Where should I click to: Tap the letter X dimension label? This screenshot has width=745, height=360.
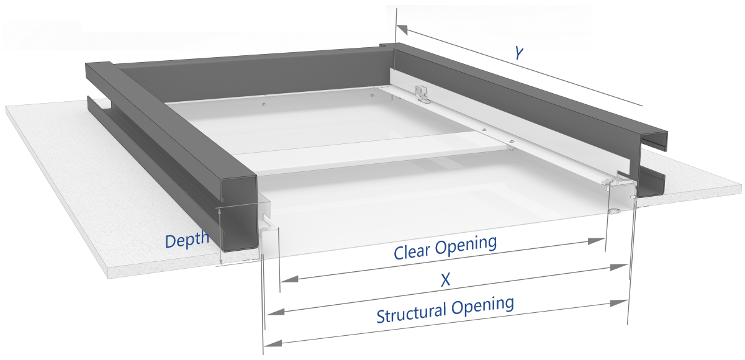coord(445,281)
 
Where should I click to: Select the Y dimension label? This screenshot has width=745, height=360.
coord(518,53)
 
